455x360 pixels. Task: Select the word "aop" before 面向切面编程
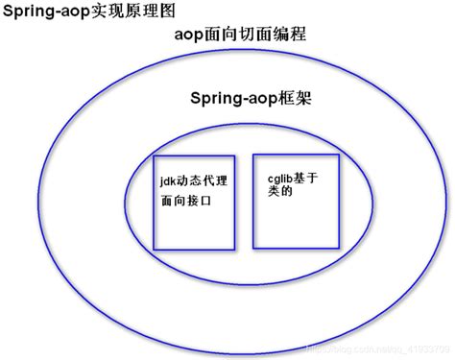coord(190,36)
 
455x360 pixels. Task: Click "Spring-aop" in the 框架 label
coord(229,100)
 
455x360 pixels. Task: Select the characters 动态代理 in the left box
coord(201,179)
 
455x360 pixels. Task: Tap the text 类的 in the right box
coord(277,191)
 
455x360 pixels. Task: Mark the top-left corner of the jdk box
coord(154,153)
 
